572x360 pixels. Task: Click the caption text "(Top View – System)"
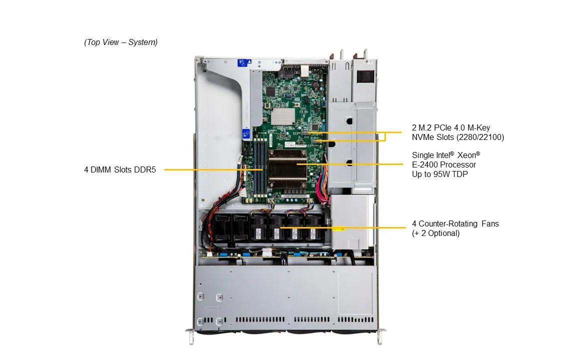pos(120,42)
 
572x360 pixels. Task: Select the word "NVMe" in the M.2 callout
pos(423,137)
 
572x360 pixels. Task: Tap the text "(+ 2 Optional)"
pos(435,233)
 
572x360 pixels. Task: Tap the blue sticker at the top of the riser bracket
pos(242,63)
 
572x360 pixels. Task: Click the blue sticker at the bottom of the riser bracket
pos(245,134)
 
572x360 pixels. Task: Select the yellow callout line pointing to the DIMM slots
pos(210,170)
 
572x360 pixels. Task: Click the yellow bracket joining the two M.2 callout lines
pos(385,136)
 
